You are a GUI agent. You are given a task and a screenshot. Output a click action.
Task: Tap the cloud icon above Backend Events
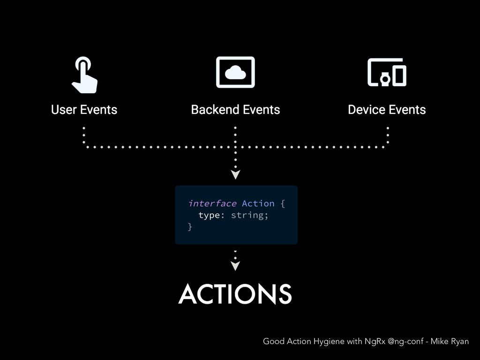[x=235, y=72]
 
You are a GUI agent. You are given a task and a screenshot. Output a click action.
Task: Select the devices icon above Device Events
[x=387, y=73]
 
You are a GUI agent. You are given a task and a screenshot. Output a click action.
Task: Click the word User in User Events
[x=64, y=110]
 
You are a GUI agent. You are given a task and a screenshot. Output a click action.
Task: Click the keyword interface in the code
[x=212, y=203]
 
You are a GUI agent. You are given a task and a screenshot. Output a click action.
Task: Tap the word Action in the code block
[x=258, y=203]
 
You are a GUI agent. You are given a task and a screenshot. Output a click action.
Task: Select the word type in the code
[x=209, y=215]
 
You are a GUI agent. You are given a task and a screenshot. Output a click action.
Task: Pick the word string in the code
[x=248, y=215]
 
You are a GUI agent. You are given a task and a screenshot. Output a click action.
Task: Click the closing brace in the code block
[x=190, y=227]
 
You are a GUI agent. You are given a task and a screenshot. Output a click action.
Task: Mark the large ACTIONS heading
[x=235, y=294]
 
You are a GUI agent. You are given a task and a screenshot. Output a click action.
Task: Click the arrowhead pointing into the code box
[x=235, y=175]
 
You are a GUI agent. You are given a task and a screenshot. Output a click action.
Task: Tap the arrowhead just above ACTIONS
[x=235, y=266]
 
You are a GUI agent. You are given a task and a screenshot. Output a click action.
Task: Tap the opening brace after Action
[x=283, y=203]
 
